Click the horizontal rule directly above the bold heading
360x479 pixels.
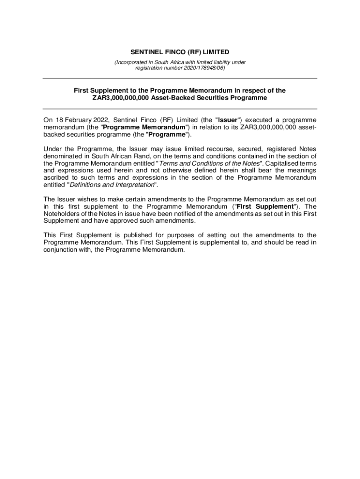coord(180,79)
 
